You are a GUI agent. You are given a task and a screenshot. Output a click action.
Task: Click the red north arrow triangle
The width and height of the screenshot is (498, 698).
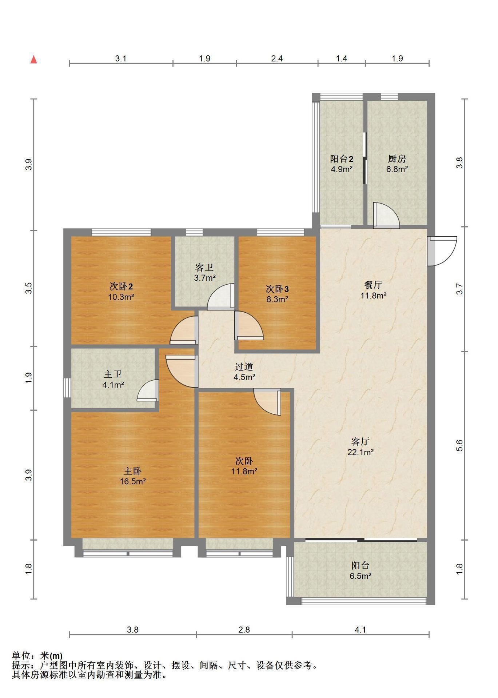click(34, 59)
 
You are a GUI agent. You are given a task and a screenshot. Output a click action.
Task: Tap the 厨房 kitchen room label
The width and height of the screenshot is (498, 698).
click(397, 159)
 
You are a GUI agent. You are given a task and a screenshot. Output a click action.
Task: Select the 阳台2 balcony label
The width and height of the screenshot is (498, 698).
click(342, 159)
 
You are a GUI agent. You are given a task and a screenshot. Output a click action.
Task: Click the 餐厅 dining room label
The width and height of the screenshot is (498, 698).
click(373, 285)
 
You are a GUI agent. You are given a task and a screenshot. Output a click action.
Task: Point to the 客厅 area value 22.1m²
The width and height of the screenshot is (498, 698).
click(360, 452)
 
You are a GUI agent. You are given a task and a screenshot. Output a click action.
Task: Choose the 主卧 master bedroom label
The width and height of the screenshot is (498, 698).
click(132, 471)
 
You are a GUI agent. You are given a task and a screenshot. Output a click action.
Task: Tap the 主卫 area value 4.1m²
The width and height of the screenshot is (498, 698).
click(113, 385)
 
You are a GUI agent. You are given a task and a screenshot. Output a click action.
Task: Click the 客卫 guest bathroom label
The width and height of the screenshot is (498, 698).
click(204, 268)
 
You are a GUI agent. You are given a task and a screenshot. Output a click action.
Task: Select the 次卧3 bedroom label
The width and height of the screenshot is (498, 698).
click(277, 289)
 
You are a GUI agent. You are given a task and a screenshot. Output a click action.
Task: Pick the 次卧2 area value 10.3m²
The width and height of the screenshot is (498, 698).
click(121, 297)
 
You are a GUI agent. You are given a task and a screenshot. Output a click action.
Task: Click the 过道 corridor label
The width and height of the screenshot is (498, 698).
click(244, 367)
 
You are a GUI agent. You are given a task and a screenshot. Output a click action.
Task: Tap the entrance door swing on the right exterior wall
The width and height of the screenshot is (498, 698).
click(442, 251)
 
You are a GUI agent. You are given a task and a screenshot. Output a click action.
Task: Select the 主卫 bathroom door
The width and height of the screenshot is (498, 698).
click(148, 390)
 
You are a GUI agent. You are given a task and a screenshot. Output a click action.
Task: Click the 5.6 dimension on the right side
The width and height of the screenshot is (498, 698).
click(459, 445)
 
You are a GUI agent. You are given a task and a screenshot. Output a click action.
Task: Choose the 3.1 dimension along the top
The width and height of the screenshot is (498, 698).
click(121, 58)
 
